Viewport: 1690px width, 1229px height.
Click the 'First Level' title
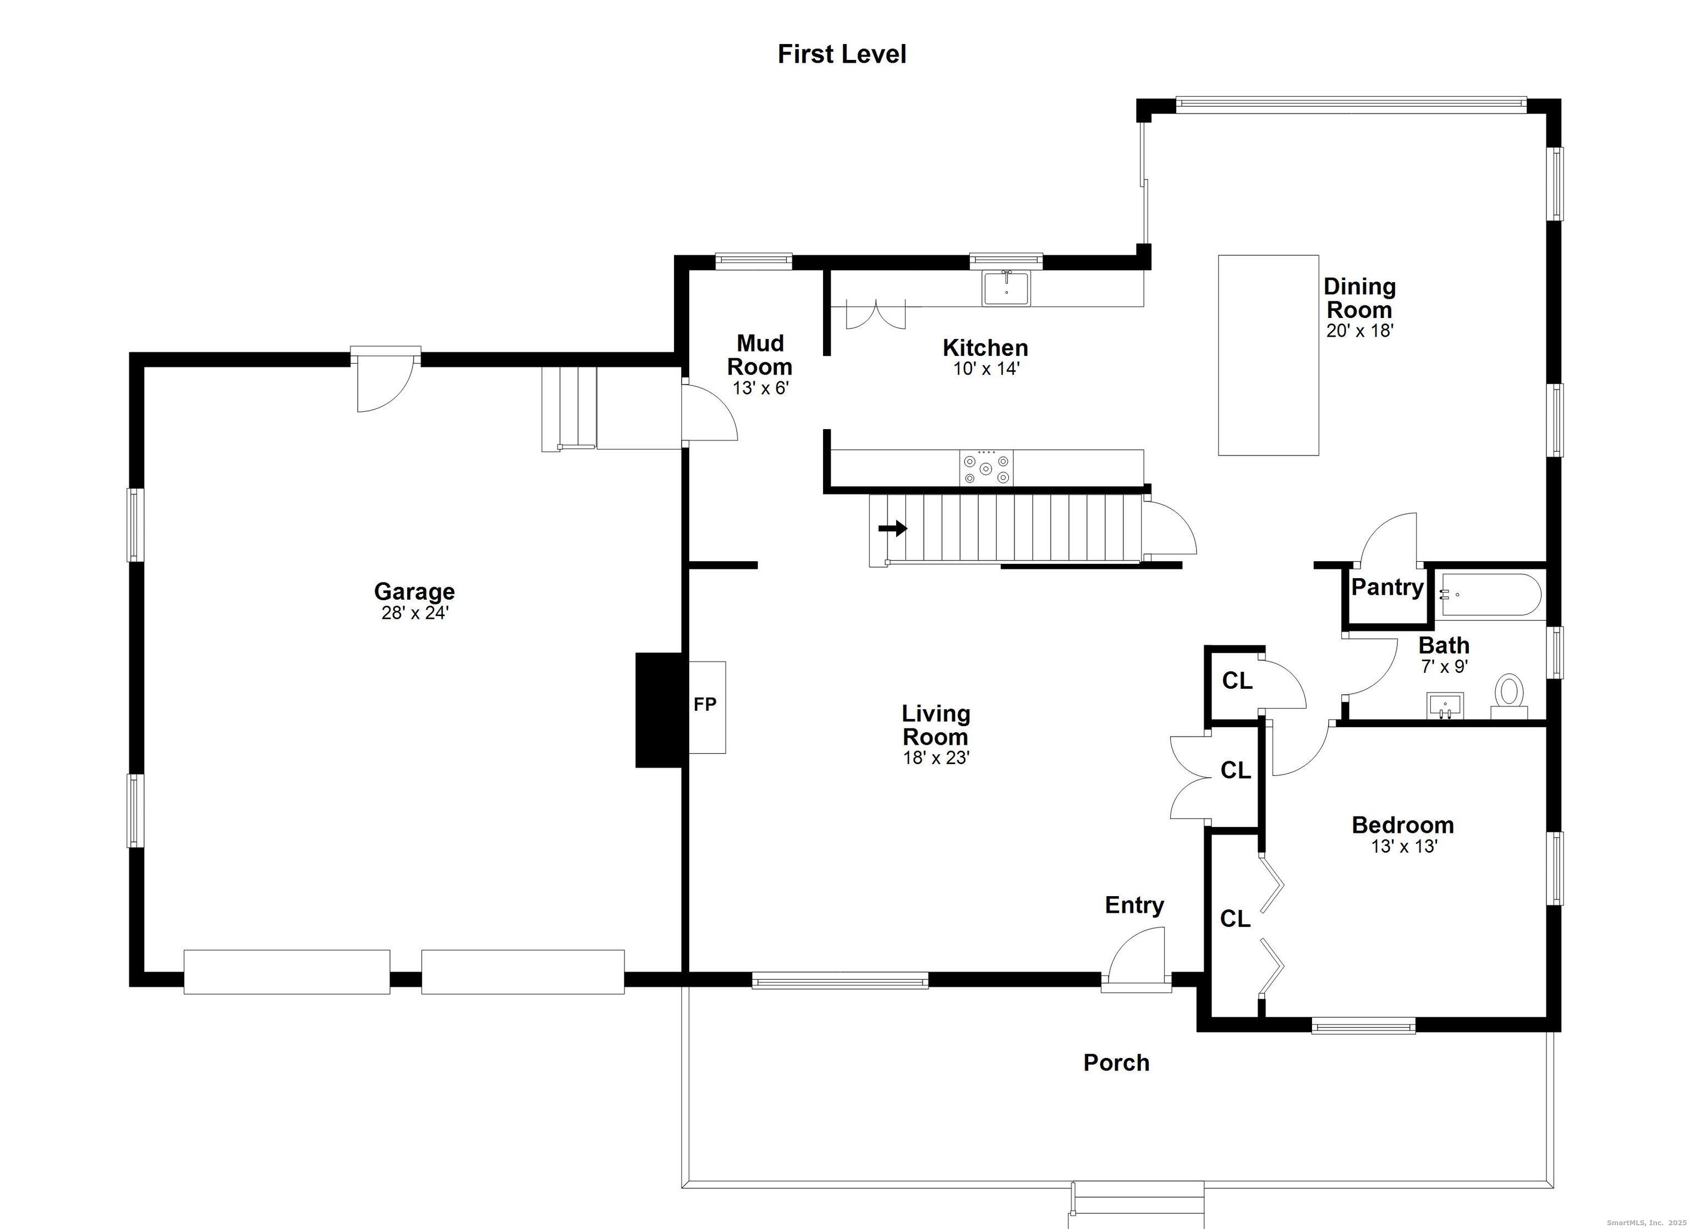point(842,54)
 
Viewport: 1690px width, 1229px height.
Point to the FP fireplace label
point(705,704)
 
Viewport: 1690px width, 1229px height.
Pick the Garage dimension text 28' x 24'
point(414,613)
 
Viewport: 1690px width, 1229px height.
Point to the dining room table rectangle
point(1268,355)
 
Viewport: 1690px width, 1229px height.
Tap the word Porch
point(1116,1063)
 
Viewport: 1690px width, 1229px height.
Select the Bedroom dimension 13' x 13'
point(1404,847)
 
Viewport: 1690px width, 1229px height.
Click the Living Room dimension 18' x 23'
point(936,758)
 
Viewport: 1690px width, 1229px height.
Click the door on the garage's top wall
point(385,380)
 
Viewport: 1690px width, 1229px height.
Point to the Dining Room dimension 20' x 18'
point(1360,331)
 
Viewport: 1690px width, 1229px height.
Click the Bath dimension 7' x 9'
point(1444,666)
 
